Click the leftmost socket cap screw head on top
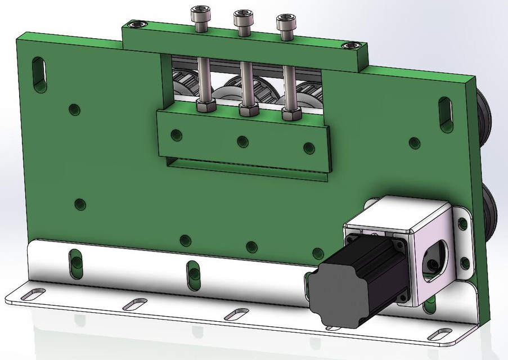point(200,13)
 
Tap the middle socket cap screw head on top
point(242,19)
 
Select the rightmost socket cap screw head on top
point(285,23)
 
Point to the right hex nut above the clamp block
point(290,114)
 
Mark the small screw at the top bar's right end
point(352,46)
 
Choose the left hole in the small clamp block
point(177,135)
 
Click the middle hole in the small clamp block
point(242,141)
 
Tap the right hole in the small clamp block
point(308,147)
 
